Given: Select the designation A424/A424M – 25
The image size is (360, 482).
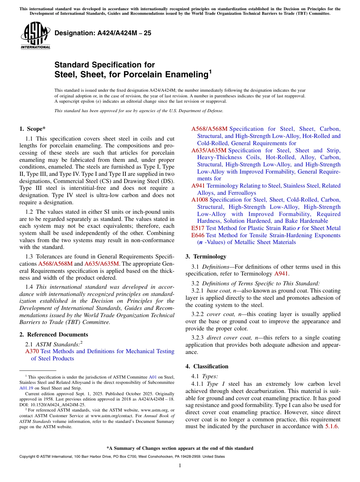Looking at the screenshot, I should [103, 33].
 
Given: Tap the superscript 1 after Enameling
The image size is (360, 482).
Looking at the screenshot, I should [210, 72].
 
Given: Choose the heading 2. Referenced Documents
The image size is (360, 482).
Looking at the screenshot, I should [53, 335].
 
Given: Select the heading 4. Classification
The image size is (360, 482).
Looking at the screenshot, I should [207, 366].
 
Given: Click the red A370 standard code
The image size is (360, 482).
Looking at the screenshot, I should [32, 351].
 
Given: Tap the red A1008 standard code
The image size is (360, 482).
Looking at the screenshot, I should [200, 200].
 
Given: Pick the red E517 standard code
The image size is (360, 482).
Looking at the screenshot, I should [198, 228].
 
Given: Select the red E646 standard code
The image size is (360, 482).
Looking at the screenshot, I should [198, 235].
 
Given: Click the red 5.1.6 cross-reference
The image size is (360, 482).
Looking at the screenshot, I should [333, 426].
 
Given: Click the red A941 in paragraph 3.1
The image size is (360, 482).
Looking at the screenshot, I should [281, 274].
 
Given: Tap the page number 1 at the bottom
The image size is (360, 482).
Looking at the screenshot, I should [180, 465].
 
